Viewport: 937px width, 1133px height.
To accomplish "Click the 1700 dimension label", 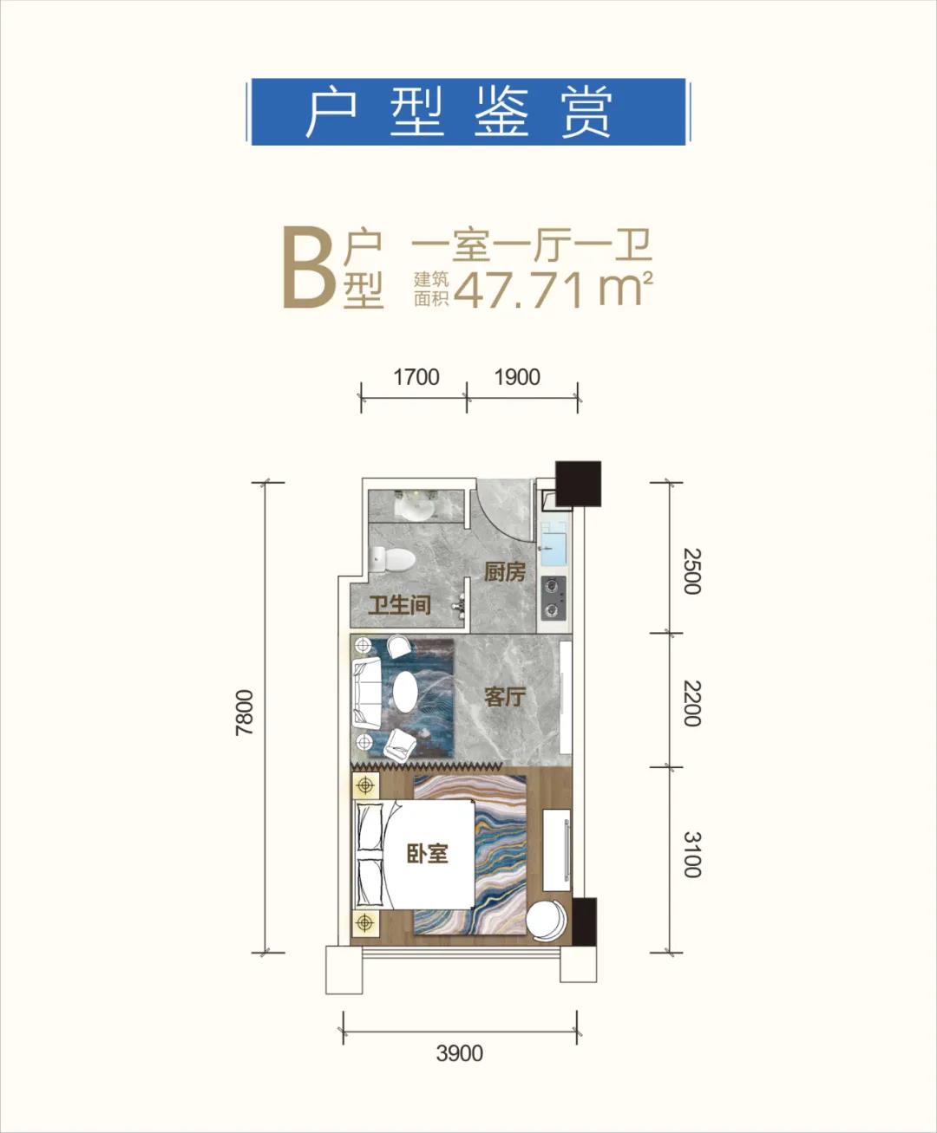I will pos(416,377).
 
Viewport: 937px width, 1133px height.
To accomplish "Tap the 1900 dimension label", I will pos(517,377).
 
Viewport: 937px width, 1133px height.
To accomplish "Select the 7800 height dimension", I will pos(245,713).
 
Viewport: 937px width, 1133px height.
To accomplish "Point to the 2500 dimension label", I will pos(691,570).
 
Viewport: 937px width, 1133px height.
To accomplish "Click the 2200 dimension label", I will pos(691,703).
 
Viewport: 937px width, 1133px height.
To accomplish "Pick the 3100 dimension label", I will pos(691,855).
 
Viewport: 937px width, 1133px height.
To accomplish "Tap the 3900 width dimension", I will pos(459,1053).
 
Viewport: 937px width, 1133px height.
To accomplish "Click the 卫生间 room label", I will pos(399,604).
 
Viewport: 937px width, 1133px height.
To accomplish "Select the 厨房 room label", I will pos(504,572).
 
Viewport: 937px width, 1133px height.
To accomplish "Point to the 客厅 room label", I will pos(504,696).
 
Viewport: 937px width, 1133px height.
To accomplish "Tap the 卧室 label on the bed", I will pos(428,854).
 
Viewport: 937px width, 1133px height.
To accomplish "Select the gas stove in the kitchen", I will pos(553,598).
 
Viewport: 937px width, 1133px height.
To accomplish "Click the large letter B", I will pos(308,269).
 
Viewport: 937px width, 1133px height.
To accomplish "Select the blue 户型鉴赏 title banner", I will pos(468,112).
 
